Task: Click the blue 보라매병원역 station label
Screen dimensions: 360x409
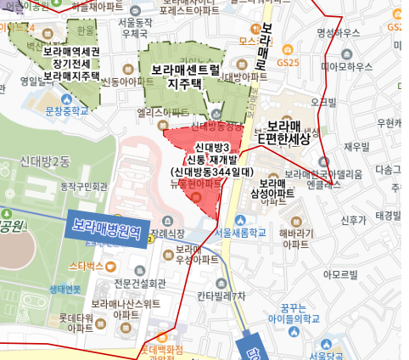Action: point(105,228)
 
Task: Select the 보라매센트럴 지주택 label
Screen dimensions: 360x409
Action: point(180,76)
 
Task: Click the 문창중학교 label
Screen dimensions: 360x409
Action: point(67,110)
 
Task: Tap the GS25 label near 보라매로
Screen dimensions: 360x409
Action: point(289,62)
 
